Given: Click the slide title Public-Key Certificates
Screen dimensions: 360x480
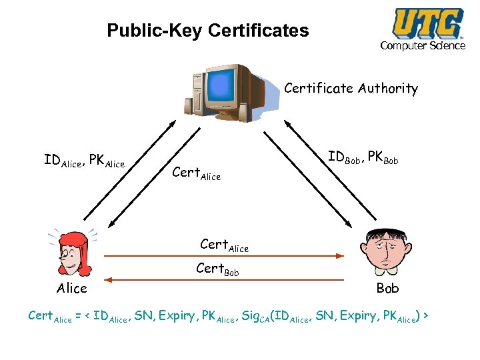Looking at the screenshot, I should (208, 31).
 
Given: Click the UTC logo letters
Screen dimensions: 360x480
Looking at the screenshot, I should (428, 23).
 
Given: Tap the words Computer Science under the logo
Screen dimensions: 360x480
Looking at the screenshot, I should (423, 45).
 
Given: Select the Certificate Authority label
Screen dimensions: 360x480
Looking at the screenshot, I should (351, 89).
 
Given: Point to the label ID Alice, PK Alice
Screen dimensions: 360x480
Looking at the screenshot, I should (84, 161).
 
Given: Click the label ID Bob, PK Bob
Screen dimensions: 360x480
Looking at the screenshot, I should (363, 158).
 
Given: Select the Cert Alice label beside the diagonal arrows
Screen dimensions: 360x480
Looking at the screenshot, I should (196, 173).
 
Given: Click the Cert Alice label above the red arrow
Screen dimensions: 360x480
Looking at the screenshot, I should (224, 245).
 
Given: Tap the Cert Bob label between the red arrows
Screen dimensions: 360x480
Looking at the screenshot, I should (217, 270).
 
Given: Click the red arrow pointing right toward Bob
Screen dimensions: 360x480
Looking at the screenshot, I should (223, 255).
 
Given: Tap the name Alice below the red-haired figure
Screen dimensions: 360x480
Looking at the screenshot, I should (72, 289).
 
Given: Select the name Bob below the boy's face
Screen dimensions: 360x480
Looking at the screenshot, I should (387, 289).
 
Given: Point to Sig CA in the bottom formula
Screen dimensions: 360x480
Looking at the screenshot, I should (254, 315).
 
